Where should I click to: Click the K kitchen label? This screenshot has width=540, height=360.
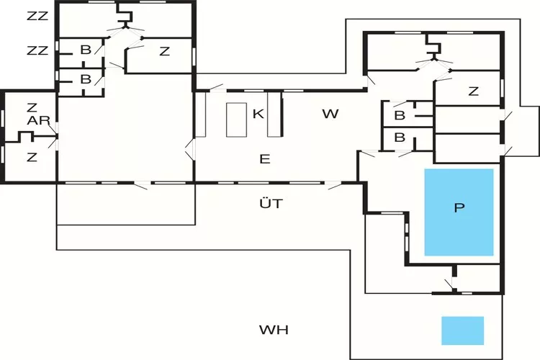coord(257,113)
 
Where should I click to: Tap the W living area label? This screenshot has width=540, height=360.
coord(330,113)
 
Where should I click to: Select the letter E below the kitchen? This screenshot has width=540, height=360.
coord(264,158)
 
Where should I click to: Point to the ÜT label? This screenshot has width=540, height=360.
coord(271,204)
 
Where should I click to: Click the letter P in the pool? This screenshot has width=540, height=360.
coord(459,208)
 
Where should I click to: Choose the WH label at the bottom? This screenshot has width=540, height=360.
coord(274,330)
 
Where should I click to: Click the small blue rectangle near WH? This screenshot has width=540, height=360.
coord(462,330)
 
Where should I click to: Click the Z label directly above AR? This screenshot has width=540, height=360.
coord(32,107)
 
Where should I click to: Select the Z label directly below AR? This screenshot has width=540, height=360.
coord(32,156)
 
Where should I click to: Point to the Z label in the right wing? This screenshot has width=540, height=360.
coord(473,91)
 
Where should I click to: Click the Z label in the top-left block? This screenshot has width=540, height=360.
coord(164,50)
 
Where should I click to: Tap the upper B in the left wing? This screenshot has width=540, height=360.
coord(86,50)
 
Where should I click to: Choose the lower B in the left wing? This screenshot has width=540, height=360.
coord(86,79)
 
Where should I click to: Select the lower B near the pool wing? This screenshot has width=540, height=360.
coord(400,138)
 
